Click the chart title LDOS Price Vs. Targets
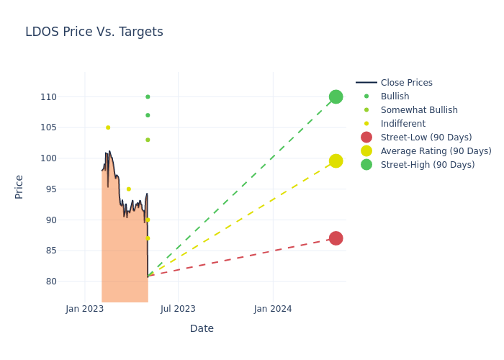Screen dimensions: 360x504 pyautogui.click(x=94, y=32)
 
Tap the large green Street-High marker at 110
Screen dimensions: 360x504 pyautogui.click(x=336, y=96)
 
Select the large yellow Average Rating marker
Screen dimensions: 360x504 pyautogui.click(x=336, y=161)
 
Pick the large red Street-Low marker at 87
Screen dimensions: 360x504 pyautogui.click(x=336, y=238)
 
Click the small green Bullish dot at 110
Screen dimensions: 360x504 pyautogui.click(x=148, y=96)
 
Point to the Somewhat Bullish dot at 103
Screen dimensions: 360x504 pyautogui.click(x=148, y=140)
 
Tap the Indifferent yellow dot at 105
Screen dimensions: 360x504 pyautogui.click(x=108, y=127)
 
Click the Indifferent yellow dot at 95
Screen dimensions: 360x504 pyautogui.click(x=129, y=189)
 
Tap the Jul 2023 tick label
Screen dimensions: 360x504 pyautogui.click(x=178, y=309)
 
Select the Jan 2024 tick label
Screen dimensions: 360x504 pyautogui.click(x=273, y=309)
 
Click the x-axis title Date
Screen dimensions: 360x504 pyautogui.click(x=202, y=328)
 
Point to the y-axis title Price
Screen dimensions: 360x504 pyautogui.click(x=19, y=186)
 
